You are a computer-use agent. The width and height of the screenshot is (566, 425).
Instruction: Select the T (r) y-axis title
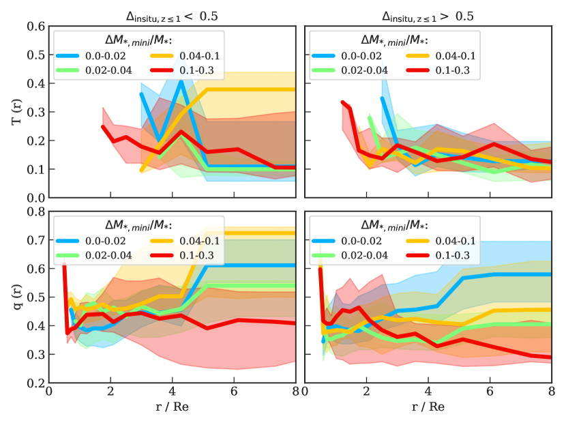[x=16, y=113]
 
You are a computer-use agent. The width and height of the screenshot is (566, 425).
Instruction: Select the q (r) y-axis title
[x=16, y=297]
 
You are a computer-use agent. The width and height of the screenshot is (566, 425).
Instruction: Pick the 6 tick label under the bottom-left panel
[x=234, y=394]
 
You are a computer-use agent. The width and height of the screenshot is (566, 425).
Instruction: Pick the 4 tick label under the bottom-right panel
[x=428, y=394]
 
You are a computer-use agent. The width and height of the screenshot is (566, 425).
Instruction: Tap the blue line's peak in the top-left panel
[x=181, y=81]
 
